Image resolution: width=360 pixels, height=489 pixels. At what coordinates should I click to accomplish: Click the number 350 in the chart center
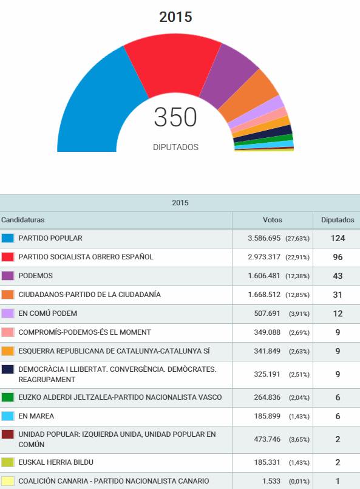(175, 117)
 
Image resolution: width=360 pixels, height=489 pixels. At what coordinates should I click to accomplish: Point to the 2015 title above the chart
(175, 17)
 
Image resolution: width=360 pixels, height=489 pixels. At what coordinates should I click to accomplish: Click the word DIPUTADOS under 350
(175, 147)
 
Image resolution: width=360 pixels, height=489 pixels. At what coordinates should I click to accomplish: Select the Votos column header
(273, 220)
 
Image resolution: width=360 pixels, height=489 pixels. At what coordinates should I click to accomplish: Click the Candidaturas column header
(22, 220)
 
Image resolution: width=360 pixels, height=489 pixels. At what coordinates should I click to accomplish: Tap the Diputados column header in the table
(338, 220)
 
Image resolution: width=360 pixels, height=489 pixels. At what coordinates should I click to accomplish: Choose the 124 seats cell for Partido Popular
(338, 239)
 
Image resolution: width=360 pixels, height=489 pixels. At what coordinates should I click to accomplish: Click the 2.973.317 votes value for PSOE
(264, 257)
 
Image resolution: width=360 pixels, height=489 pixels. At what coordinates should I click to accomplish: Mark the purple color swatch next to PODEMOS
(8, 276)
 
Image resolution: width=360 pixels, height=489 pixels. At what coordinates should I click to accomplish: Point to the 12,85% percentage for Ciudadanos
(297, 295)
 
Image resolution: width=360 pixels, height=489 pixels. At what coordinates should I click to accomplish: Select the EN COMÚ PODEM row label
(48, 313)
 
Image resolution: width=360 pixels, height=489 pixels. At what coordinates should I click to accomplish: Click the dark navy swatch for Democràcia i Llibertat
(8, 369)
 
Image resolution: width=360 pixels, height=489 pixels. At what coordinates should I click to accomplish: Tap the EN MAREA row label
(36, 416)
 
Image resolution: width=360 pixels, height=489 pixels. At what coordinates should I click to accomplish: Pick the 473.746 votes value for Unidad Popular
(267, 439)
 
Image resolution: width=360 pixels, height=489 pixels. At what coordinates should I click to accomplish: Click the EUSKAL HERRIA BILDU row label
(56, 462)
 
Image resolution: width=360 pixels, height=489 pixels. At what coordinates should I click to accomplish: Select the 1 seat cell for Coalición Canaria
(338, 481)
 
